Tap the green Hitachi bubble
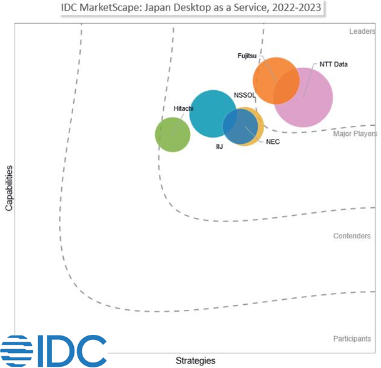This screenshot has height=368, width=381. click(x=172, y=135)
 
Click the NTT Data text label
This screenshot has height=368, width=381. click(x=333, y=64)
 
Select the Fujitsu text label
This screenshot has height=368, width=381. click(x=248, y=56)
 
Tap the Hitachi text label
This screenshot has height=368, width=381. click(x=183, y=108)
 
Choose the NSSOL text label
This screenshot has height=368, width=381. click(x=245, y=95)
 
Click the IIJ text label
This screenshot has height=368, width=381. click(x=220, y=146)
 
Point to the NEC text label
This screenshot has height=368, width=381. click(x=273, y=142)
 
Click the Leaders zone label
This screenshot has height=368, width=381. click(x=362, y=31)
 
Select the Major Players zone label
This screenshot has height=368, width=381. click(x=355, y=133)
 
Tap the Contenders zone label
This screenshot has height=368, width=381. click(x=352, y=236)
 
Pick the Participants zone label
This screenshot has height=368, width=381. click(x=352, y=339)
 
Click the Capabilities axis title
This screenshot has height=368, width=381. click(x=9, y=188)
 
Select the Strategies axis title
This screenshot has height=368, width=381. click(x=195, y=360)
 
